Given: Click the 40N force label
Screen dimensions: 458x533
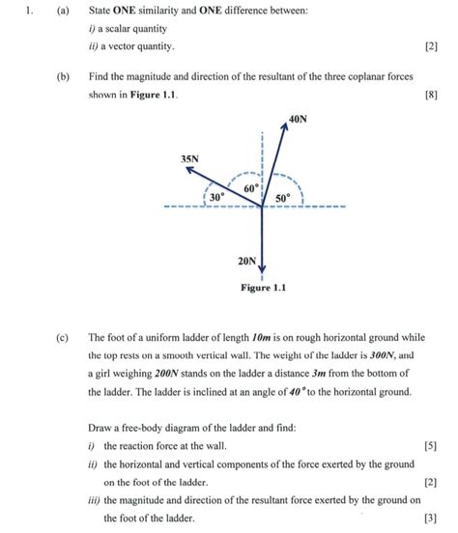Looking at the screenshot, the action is pos(298,120).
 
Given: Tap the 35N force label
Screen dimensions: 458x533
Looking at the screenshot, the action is pos(189,157).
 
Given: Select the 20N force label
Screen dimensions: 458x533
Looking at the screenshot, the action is pos(246,261).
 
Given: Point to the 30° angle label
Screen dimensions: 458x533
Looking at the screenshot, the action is pos(217,197).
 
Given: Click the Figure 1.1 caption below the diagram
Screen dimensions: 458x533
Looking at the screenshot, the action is pos(263,287).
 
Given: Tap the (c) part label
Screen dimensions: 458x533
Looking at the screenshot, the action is pos(63,338).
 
